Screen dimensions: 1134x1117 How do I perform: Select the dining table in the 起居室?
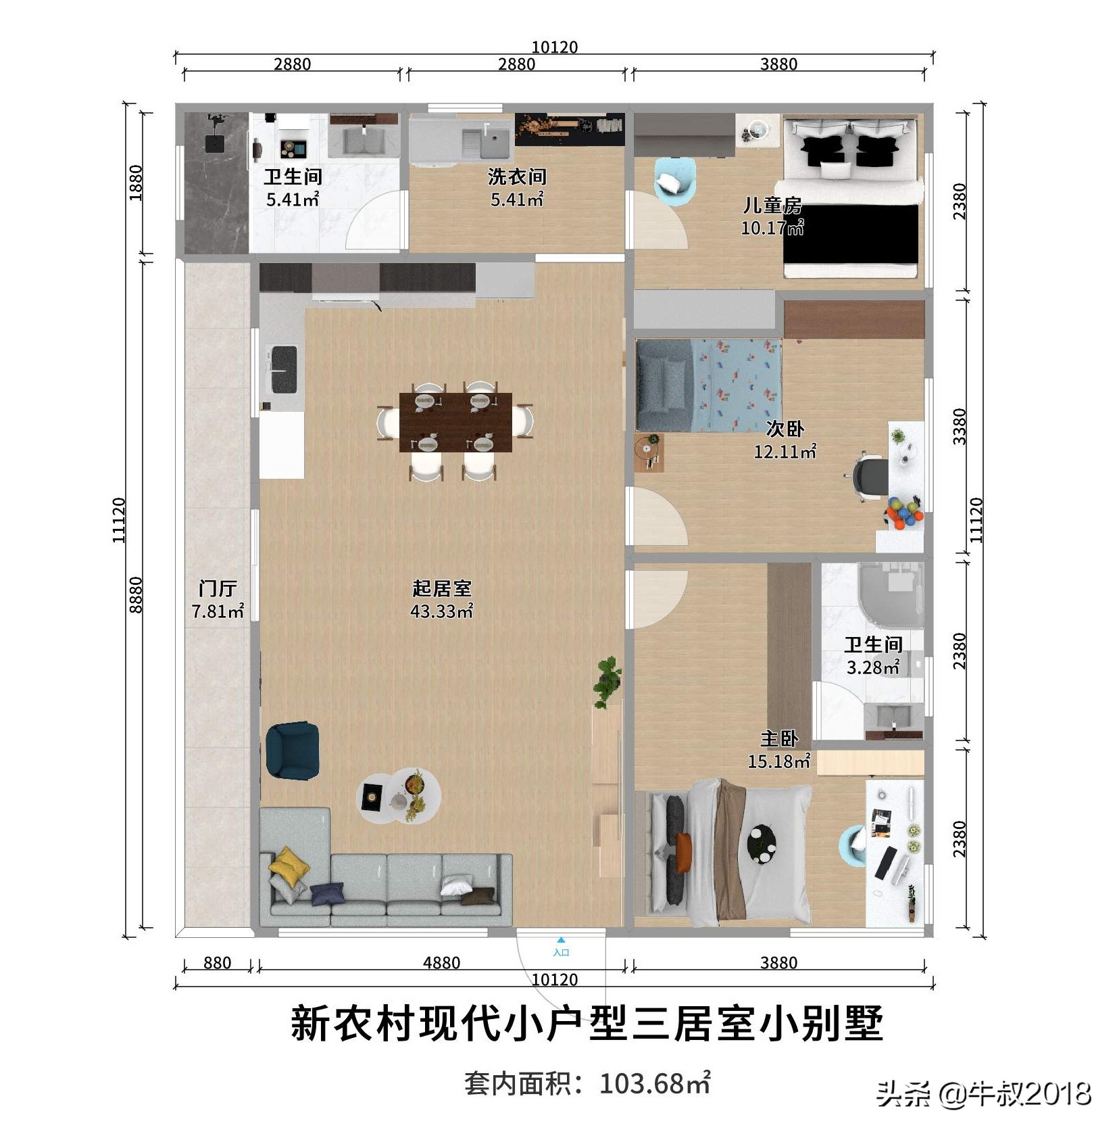[455, 422]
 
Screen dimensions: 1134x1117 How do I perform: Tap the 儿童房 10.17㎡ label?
[772, 216]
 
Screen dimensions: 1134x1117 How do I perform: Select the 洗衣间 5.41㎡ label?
[516, 187]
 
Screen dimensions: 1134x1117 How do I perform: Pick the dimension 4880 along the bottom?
[441, 962]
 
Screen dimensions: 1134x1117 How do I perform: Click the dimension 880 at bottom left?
[217, 962]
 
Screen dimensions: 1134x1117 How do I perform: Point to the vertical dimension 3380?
[960, 426]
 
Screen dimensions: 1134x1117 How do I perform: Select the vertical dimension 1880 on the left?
[136, 182]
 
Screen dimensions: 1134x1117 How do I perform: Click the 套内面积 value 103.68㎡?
[654, 1084]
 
